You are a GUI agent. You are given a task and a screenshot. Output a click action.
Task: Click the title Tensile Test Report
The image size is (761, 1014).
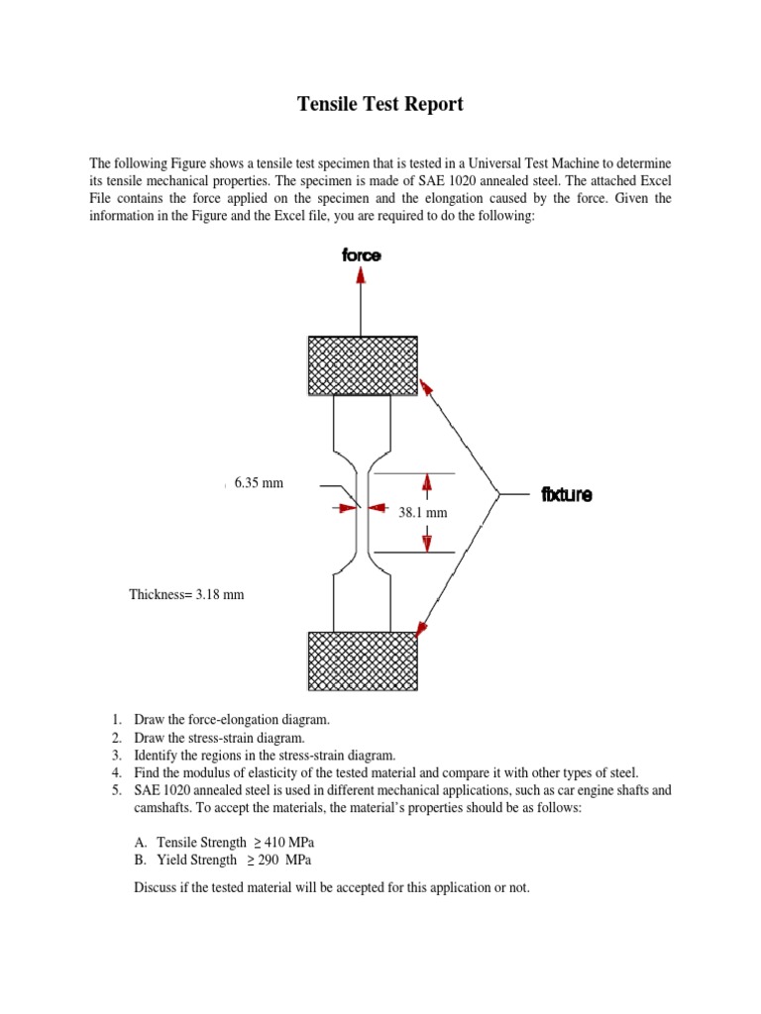[380, 104]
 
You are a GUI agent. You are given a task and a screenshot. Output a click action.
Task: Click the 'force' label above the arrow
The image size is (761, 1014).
[361, 255]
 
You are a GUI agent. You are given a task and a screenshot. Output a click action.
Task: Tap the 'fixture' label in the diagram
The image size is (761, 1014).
[567, 494]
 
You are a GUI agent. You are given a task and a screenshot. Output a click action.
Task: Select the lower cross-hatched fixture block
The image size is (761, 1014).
[361, 662]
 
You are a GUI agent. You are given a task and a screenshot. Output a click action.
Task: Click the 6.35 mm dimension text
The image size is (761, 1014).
[259, 483]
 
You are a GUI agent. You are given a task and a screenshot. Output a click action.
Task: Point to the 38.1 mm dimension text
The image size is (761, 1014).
[423, 513]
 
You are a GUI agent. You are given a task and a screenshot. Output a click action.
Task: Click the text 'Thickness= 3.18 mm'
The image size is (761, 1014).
[186, 594]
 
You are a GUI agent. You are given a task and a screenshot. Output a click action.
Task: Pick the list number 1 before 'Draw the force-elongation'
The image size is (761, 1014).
[115, 719]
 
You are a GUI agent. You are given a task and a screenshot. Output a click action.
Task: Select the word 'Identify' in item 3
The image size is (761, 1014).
[158, 755]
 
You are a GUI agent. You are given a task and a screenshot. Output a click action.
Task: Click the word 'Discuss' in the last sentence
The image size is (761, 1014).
[157, 887]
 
